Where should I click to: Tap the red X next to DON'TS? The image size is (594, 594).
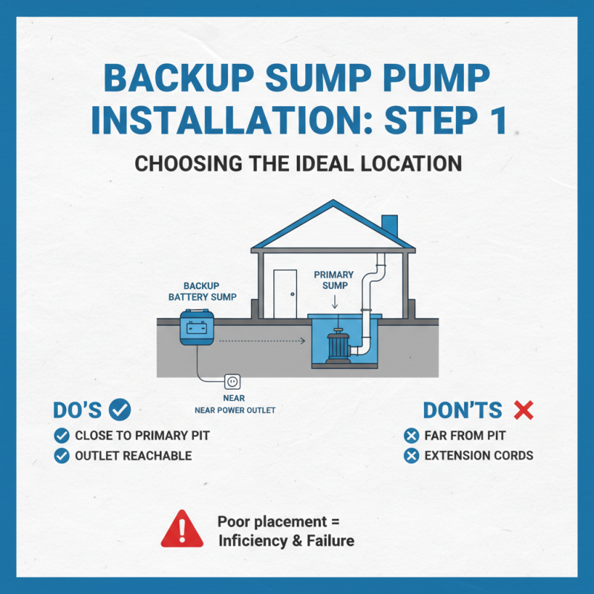[524, 410]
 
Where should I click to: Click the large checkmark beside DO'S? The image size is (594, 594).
[120, 409]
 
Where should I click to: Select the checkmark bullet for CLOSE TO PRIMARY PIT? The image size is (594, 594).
[62, 435]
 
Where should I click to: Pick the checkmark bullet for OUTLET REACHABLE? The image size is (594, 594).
[62, 456]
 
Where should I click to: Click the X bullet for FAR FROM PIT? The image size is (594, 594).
[411, 435]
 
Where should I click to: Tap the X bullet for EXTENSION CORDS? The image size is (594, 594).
[411, 455]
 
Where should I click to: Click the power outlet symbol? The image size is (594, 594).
[231, 382]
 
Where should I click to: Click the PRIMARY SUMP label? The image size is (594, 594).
[334, 279]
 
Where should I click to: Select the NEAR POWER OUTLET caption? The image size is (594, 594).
[230, 409]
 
